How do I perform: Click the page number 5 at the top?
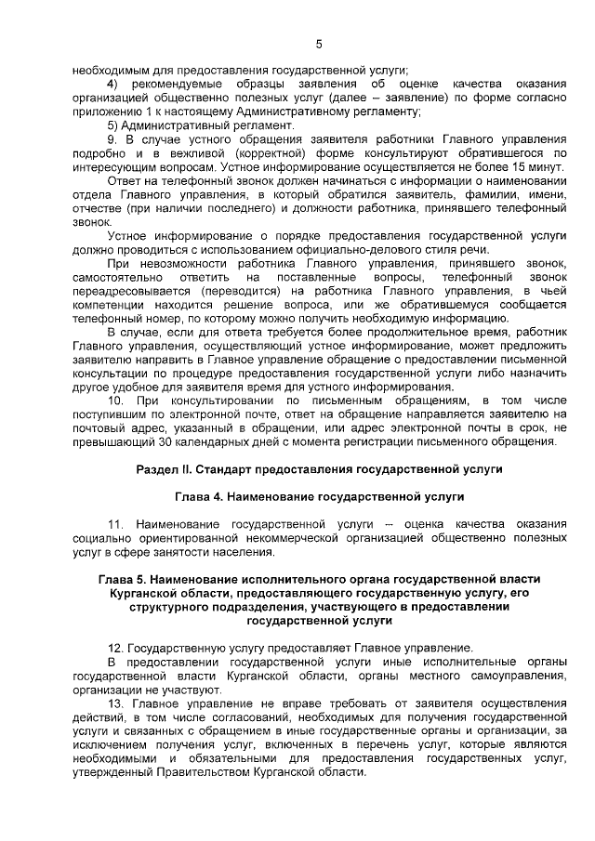coord(318,44)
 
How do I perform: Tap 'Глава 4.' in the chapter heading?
coord(200,498)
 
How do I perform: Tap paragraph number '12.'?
coord(116,647)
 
